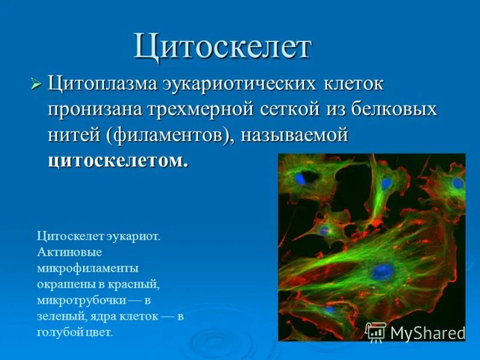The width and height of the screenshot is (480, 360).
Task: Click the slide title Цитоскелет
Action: tap(222, 47)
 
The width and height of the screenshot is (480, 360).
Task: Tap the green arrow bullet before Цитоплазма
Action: tap(36, 83)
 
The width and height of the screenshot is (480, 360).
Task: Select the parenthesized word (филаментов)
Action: tap(170, 136)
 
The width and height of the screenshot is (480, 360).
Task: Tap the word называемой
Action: tap(295, 136)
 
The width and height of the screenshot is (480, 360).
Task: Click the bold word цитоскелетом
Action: tap(118, 161)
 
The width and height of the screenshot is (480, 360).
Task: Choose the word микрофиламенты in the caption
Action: tap(88, 267)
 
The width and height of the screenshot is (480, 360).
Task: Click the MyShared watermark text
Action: tap(427, 332)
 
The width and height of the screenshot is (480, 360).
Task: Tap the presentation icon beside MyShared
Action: tap(376, 331)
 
